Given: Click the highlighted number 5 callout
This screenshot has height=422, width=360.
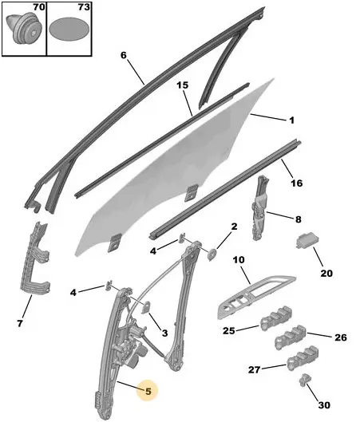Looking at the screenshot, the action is (x=148, y=391).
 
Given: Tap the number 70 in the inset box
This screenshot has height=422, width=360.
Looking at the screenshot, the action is (x=39, y=7).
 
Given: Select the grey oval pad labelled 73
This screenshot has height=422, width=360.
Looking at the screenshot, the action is (x=69, y=29).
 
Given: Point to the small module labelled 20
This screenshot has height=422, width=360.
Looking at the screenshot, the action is (x=308, y=241).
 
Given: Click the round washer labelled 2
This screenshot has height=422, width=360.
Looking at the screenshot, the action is (x=212, y=254).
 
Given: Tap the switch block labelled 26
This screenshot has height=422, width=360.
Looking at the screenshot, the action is (x=291, y=337).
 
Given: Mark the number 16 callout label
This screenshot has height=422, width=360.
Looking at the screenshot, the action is (x=296, y=183).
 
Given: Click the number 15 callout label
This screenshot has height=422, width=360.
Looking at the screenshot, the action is (x=183, y=85).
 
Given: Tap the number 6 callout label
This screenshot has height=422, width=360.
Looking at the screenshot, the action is (x=123, y=55).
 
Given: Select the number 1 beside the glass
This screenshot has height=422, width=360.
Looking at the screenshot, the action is (x=292, y=120).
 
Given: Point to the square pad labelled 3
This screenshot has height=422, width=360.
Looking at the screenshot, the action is (x=147, y=307).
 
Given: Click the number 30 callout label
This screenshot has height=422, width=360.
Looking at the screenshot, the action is (x=324, y=404).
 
